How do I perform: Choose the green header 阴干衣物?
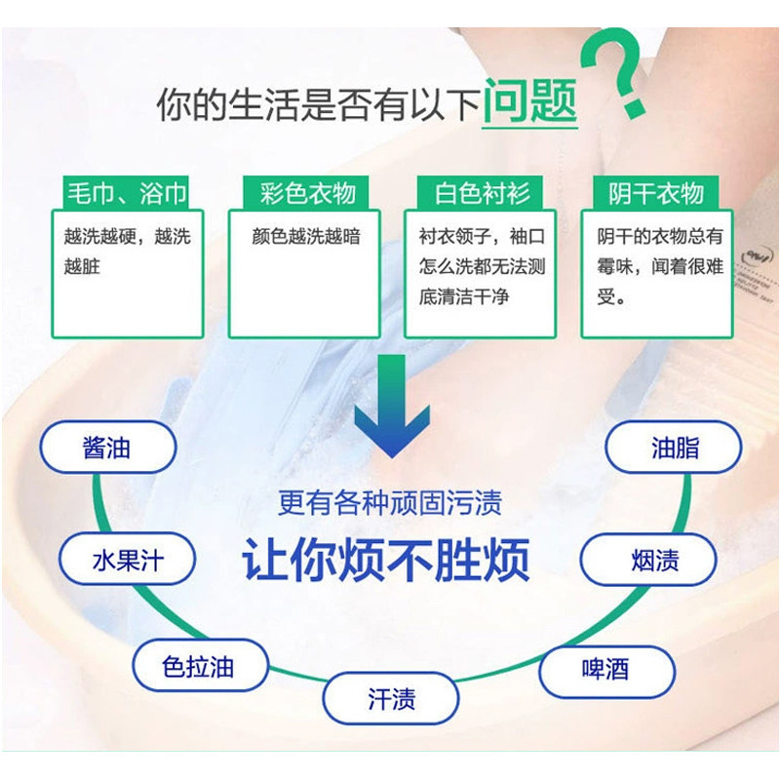click(655, 192)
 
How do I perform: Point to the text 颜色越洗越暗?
click(305, 236)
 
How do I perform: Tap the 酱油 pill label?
click(107, 449)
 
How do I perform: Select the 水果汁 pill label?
click(127, 561)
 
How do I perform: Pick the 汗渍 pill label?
click(391, 699)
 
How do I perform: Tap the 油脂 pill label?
click(675, 448)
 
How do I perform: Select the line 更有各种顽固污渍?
click(390, 503)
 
